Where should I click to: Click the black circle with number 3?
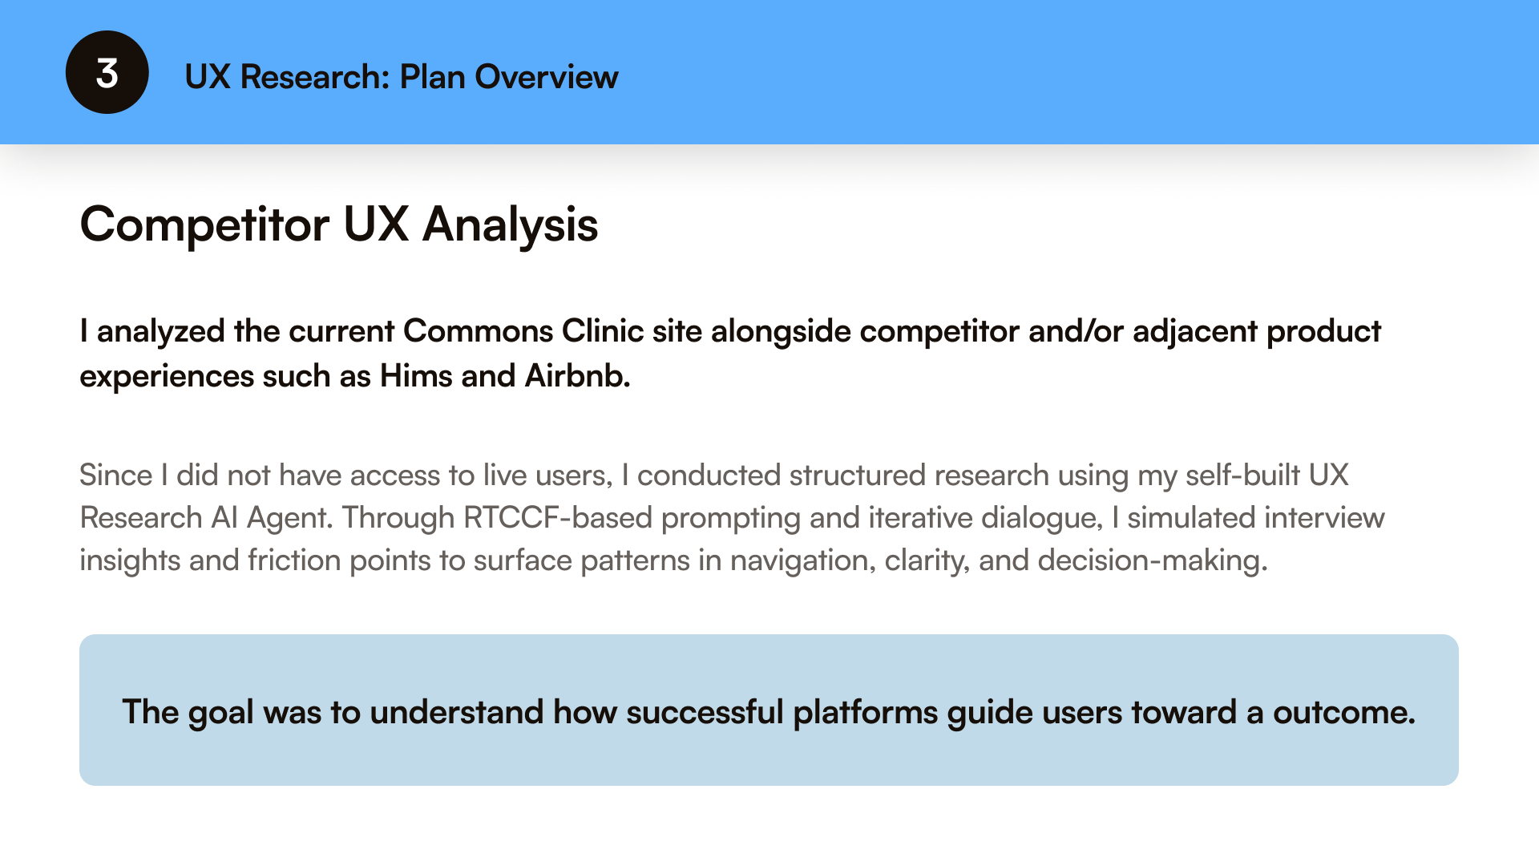[107, 72]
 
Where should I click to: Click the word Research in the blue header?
[314, 77]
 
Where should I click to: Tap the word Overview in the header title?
[546, 77]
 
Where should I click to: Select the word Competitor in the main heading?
[204, 225]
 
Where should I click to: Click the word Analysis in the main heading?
[510, 225]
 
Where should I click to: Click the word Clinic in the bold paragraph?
[603, 331]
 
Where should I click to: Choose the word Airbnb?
[577, 376]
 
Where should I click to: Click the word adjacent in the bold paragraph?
[1194, 331]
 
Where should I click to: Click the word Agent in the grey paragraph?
[289, 518]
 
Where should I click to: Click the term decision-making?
[1153, 560]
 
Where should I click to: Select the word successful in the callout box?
[705, 713]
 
